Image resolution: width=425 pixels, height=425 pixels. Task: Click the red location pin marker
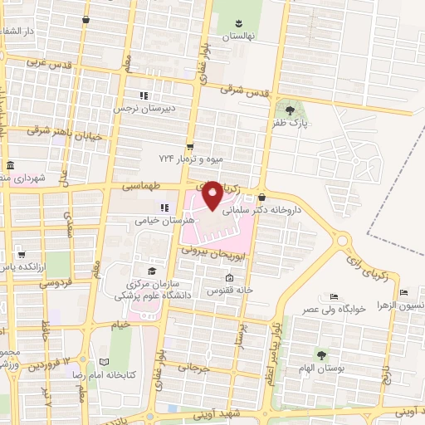(x=212, y=195)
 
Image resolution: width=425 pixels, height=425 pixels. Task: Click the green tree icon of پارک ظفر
(x=290, y=110)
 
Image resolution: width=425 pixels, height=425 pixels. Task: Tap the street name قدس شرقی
(x=249, y=93)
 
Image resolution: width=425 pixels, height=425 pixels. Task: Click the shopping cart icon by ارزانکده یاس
(x=22, y=256)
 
